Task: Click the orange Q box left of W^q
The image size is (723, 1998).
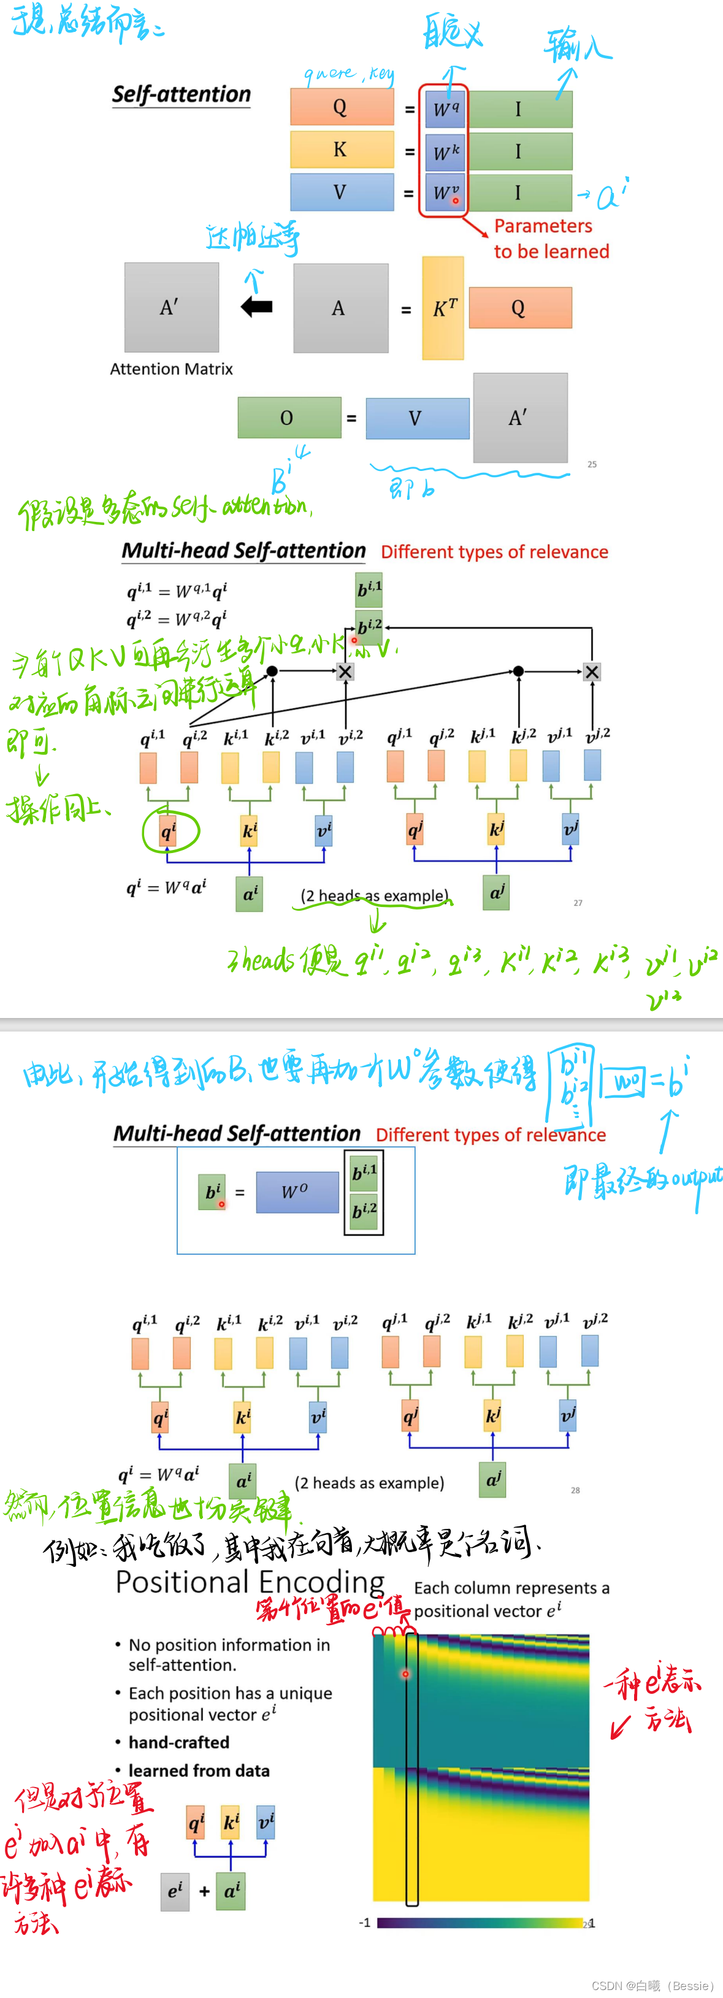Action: pyautogui.click(x=342, y=107)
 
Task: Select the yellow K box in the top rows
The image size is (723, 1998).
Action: pyautogui.click(x=342, y=150)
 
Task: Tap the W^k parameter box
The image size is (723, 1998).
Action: pyautogui.click(x=445, y=152)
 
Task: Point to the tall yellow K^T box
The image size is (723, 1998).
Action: pyautogui.click(x=443, y=308)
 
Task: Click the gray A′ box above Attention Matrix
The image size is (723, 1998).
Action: pyautogui.click(x=172, y=307)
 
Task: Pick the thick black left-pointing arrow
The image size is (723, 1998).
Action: pyautogui.click(x=257, y=307)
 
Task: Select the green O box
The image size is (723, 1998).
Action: pyautogui.click(x=289, y=418)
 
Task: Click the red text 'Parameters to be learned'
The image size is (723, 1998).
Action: pyautogui.click(x=551, y=239)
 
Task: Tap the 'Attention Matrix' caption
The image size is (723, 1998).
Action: pyautogui.click(x=172, y=369)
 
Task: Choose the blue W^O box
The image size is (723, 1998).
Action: pyautogui.click(x=297, y=1192)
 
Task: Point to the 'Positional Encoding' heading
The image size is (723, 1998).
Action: pyautogui.click(x=250, y=1582)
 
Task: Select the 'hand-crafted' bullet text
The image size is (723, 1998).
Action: pyautogui.click(x=179, y=1742)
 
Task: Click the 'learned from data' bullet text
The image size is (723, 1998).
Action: pyautogui.click(x=199, y=1770)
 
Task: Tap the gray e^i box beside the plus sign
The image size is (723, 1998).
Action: pyautogui.click(x=175, y=1891)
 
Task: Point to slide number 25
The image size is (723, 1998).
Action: pyautogui.click(x=592, y=465)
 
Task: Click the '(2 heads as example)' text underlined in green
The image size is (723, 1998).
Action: pyautogui.click(x=375, y=896)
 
